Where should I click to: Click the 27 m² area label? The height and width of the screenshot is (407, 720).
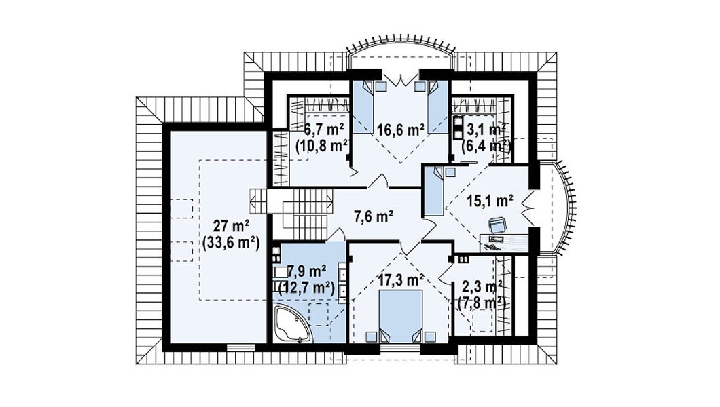pos(232,226)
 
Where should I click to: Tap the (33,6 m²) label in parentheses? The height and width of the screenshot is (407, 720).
pos(231,242)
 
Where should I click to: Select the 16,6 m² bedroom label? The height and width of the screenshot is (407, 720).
pos(400,130)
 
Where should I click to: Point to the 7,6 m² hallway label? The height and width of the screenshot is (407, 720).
pos(374,216)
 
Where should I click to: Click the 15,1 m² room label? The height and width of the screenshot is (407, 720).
pos(490,201)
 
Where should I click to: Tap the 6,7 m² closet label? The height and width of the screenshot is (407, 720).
pos(324,130)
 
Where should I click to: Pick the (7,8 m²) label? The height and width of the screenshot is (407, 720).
pos(482,303)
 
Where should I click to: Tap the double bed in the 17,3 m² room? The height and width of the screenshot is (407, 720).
pos(401,316)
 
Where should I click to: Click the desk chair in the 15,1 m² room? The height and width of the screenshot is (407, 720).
pos(497,225)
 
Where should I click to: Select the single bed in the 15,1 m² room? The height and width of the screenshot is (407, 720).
pos(433,191)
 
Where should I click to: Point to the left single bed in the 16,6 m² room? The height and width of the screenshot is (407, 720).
pos(362,106)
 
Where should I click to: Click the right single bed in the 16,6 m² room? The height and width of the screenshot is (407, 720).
pos(437,106)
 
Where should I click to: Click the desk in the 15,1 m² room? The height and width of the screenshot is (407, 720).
pos(504,243)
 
